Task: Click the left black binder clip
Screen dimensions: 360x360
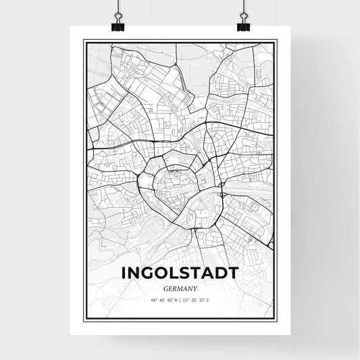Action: [118, 26]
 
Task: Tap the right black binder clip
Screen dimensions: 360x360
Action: [242, 26]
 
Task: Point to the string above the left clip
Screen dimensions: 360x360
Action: [118, 8]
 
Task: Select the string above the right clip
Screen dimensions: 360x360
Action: [242, 8]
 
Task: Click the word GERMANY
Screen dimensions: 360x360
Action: [180, 287]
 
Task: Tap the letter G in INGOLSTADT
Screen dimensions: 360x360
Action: [147, 273]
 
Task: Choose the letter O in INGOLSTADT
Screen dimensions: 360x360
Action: [161, 273]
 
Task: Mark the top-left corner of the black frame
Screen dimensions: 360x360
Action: [84, 41]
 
